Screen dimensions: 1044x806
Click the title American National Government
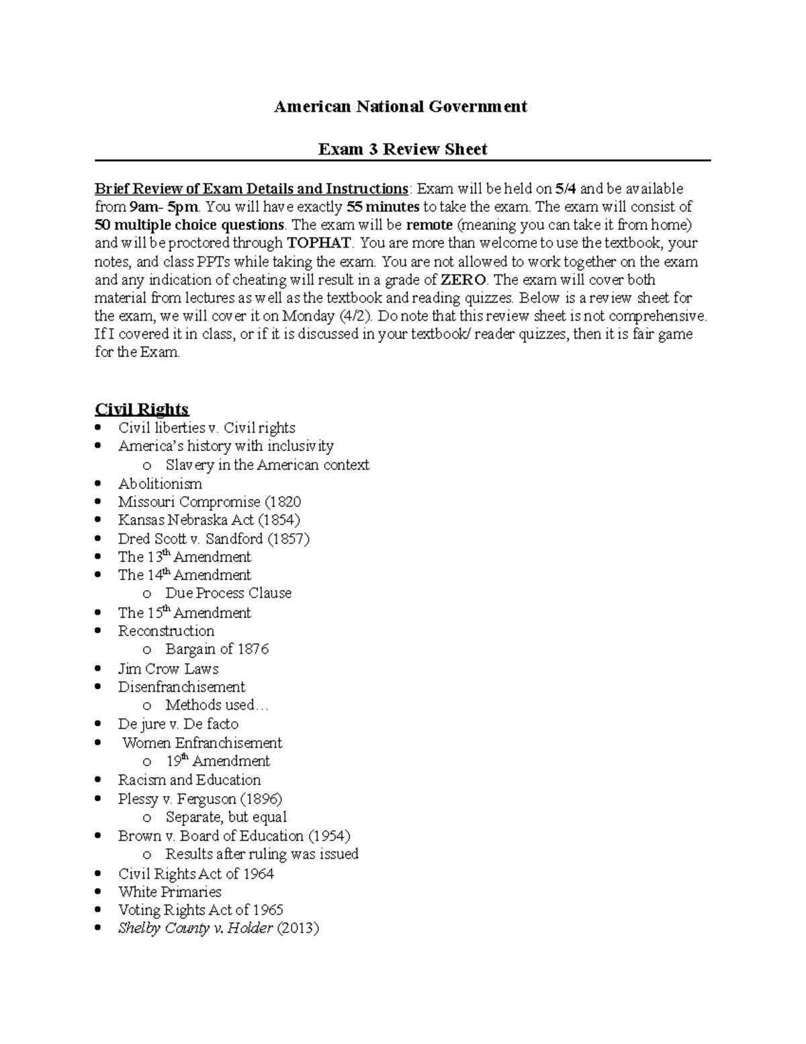[400, 106]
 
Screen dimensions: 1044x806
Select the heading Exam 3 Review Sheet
[402, 149]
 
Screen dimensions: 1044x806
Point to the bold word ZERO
[463, 280]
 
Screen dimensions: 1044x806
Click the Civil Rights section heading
[142, 409]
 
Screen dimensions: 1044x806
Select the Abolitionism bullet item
[160, 484]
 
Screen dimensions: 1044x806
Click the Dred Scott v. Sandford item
[214, 538]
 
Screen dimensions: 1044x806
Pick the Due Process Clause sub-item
[228, 594]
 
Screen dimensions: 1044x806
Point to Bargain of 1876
[217, 649]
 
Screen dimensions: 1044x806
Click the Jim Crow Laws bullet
[168, 669]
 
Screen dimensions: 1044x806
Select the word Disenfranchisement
[181, 687]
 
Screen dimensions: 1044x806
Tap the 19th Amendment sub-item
[218, 762]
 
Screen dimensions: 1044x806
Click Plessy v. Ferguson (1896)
[200, 799]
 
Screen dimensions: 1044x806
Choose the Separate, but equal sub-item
[226, 817]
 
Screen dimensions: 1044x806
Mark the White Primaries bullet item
[169, 892]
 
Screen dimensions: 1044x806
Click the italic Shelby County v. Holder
[195, 929]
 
